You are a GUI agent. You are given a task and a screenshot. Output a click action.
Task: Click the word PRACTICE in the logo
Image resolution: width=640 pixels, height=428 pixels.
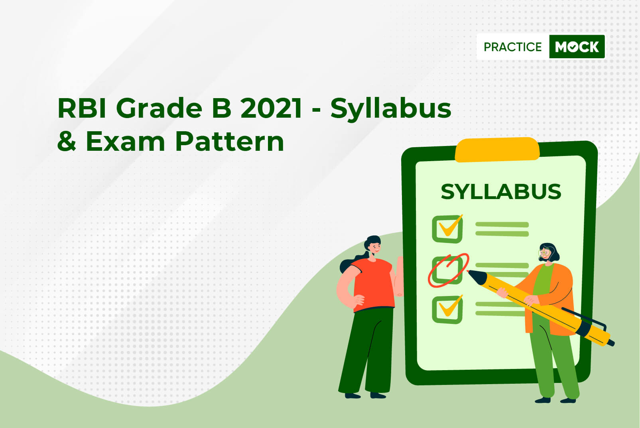pyautogui.click(x=512, y=47)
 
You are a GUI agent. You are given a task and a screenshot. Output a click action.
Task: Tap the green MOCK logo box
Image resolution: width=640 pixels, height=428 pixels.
pyautogui.click(x=577, y=47)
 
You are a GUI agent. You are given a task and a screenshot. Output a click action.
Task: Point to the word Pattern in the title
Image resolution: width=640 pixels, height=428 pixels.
pyautogui.click(x=229, y=141)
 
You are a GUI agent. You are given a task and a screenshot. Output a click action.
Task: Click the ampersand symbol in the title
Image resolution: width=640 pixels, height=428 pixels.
pyautogui.click(x=67, y=141)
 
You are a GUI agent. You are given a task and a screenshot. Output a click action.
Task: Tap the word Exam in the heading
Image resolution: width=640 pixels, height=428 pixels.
pyautogui.click(x=126, y=141)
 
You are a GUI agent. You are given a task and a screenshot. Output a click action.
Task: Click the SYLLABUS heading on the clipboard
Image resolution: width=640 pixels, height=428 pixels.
pyautogui.click(x=501, y=191)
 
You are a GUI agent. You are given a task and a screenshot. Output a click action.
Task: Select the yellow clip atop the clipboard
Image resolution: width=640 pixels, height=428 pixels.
pyautogui.click(x=497, y=150)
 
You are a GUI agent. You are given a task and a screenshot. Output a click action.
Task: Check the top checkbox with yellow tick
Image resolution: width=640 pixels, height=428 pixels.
pyautogui.click(x=447, y=229)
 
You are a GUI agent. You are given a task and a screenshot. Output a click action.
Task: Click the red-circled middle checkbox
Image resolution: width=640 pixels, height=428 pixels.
pyautogui.click(x=447, y=270)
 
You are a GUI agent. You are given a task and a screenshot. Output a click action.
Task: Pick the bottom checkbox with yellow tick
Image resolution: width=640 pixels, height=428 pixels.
pyautogui.click(x=447, y=310)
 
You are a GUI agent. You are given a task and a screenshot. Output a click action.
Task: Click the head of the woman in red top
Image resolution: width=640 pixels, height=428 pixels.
pyautogui.click(x=373, y=245)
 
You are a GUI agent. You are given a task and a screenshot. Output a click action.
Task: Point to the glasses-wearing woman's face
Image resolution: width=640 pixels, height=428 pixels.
pyautogui.click(x=545, y=254)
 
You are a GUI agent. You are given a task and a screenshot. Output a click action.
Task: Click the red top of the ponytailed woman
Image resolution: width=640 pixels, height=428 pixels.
pyautogui.click(x=373, y=284)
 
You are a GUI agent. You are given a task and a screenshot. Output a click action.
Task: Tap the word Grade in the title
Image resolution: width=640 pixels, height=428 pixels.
pyautogui.click(x=159, y=108)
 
